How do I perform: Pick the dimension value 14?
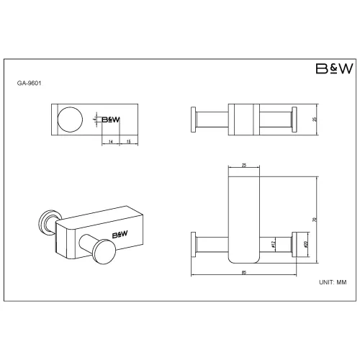coord(111,142)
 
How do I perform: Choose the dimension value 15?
coord(127,142)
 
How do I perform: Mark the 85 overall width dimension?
coord(246,272)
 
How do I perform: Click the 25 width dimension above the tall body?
coord(245,166)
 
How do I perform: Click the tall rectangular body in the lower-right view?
coord(245,216)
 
